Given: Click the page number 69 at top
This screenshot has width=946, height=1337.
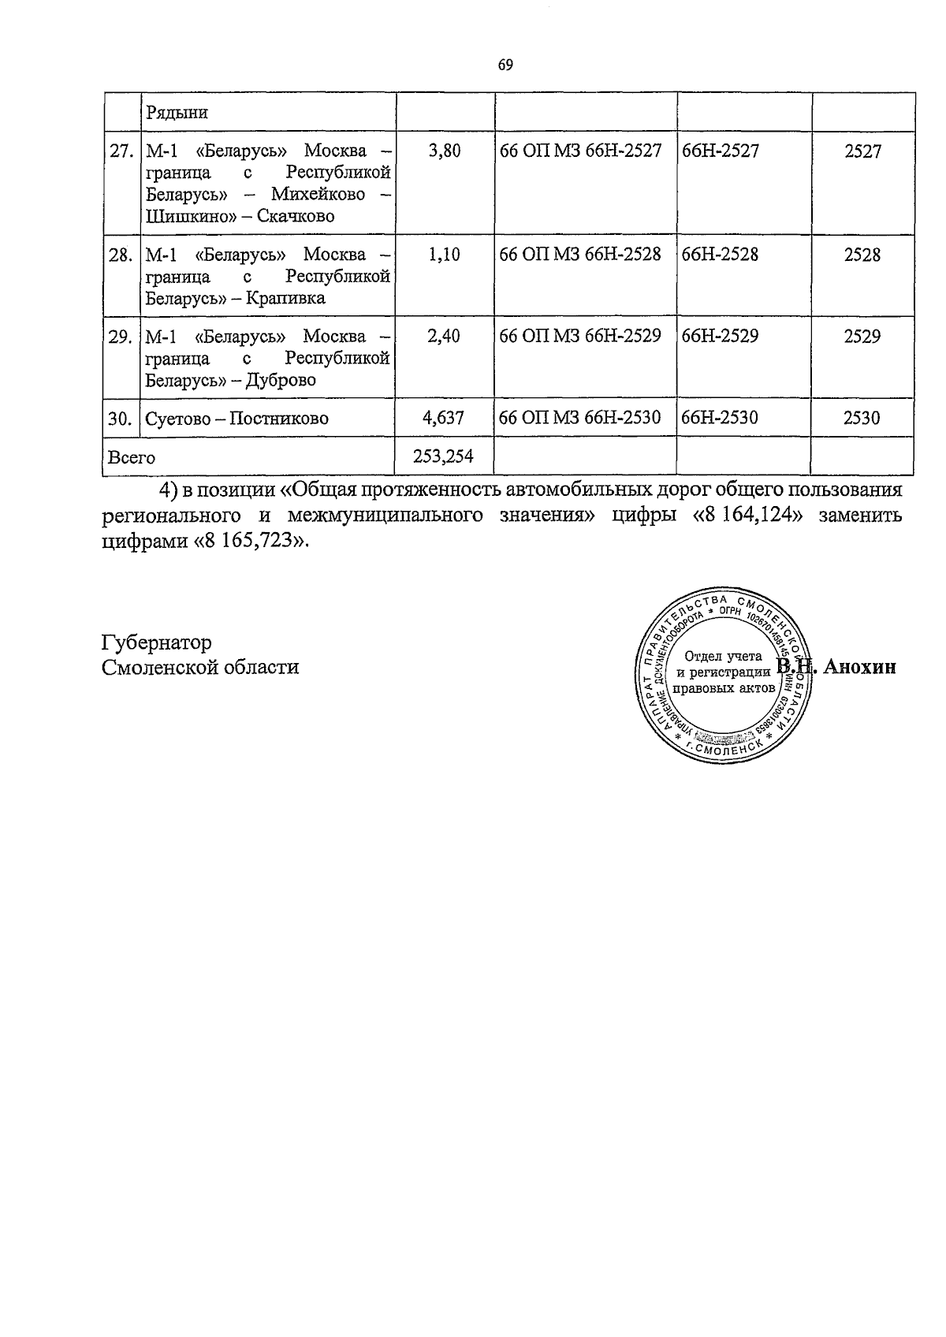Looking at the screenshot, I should [505, 65].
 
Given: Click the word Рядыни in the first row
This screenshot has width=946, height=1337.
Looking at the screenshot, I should [177, 113].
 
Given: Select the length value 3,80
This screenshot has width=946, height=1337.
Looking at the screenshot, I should [444, 151].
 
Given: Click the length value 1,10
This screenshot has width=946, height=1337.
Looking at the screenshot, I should [444, 255].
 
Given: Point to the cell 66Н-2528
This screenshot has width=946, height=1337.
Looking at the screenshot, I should [720, 255].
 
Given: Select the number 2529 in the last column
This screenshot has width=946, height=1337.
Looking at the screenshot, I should [862, 337].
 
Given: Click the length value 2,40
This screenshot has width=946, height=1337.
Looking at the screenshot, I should [444, 337].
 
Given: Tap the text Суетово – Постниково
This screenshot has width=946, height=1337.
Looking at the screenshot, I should [236, 419].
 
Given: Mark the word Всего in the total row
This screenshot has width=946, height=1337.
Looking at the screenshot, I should [132, 457].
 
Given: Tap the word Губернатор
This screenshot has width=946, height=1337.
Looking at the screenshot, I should [157, 642].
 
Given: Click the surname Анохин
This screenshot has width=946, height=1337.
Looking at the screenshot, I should [860, 668].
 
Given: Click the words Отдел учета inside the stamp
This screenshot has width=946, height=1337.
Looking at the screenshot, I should [723, 656].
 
